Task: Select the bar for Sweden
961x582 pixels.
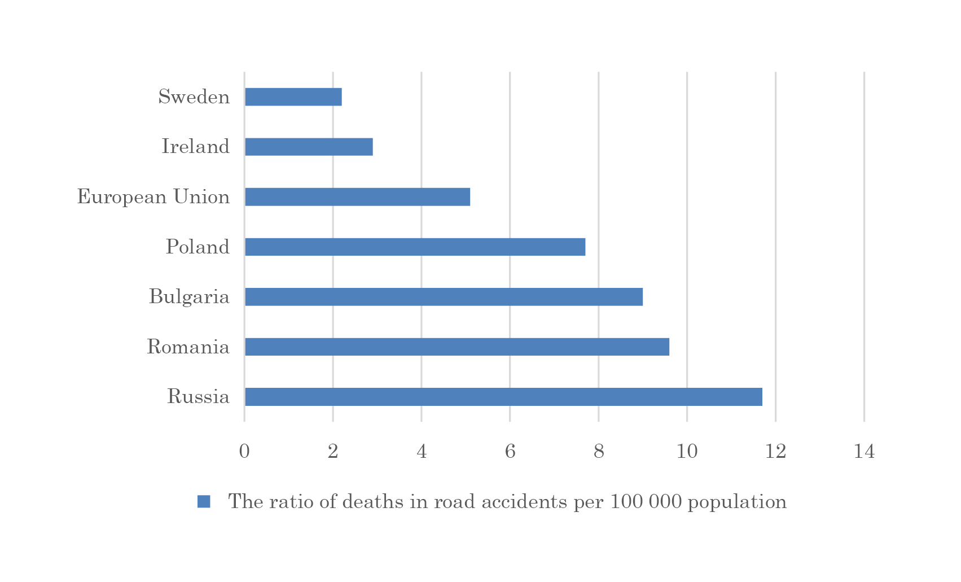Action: coord(293,97)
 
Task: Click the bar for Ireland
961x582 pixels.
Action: coord(309,147)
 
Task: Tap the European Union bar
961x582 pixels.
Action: coord(357,197)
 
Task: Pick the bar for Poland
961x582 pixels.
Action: coord(415,247)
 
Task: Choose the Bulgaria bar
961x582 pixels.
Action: coord(444,297)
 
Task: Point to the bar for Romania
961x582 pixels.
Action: coord(457,347)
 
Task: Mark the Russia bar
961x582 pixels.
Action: coord(503,397)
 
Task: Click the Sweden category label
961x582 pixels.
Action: coord(194,97)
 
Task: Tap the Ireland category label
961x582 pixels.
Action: coord(196,147)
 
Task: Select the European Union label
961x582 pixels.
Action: coord(153,197)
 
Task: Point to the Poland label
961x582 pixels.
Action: coord(198,247)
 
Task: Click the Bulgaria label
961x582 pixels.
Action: coord(189,297)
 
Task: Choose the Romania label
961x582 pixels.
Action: coord(188,347)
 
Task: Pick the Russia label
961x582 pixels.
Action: coord(198,397)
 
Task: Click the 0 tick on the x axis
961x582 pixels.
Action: coord(244,452)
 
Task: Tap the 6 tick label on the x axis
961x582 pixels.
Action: coord(510,452)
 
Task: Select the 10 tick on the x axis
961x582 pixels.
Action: coord(687,452)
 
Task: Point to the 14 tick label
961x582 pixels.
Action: coord(864,452)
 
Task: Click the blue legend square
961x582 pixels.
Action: coord(204,501)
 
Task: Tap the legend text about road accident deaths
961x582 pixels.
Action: coord(507,501)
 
